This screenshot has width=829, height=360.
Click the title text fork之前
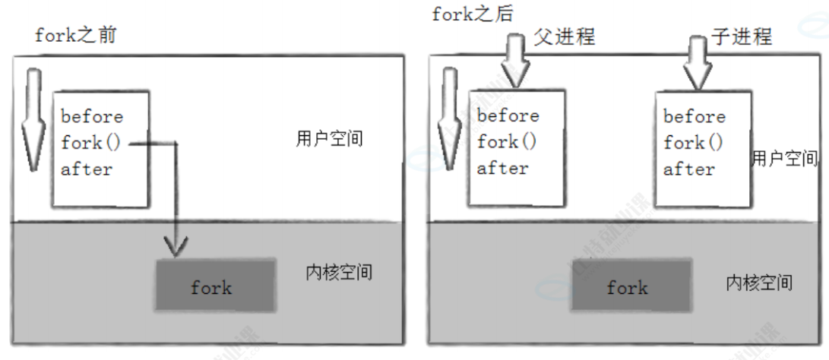(x=75, y=36)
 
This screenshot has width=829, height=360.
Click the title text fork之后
(x=473, y=14)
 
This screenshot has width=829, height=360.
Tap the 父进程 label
(x=564, y=36)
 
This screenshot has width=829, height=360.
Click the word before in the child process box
(x=694, y=117)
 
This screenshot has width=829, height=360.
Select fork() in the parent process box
(x=507, y=142)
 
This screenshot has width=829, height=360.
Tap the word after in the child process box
(x=689, y=169)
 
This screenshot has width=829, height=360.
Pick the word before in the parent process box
(x=508, y=116)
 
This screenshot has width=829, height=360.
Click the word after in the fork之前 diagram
(x=87, y=169)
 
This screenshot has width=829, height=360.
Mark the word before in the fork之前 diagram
(x=92, y=117)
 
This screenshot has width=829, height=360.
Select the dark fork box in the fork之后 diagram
(x=628, y=287)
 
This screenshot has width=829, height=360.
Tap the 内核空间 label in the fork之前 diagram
(x=339, y=272)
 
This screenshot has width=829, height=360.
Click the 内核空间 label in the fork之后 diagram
(x=758, y=283)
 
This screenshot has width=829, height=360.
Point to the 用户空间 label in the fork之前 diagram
(x=329, y=140)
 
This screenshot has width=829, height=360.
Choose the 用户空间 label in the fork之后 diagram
(x=785, y=158)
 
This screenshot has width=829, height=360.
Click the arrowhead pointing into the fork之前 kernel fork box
(x=176, y=245)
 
